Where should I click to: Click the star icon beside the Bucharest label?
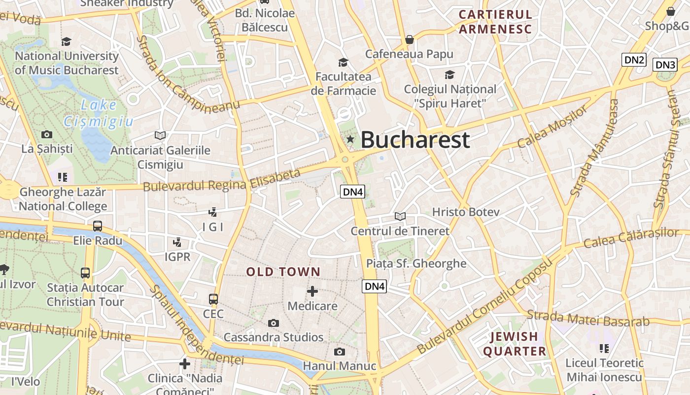tap(350, 140)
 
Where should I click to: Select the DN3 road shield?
tap(665, 65)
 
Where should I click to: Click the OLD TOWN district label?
tap(283, 272)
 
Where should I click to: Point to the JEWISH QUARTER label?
tap(515, 344)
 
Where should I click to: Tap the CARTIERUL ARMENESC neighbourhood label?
tap(495, 22)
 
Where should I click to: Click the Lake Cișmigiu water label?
tap(99, 113)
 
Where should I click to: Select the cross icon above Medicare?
tap(312, 291)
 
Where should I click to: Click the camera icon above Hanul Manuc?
tap(339, 352)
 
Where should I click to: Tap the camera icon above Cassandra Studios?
tap(274, 323)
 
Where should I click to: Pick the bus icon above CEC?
tap(213, 299)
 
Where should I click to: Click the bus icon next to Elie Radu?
tap(98, 226)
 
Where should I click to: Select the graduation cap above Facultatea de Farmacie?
tap(343, 62)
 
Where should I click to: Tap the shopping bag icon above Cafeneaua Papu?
tap(409, 39)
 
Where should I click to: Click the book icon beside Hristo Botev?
tap(400, 216)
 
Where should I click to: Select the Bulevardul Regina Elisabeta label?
tap(222, 180)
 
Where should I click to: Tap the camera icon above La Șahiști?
tap(47, 134)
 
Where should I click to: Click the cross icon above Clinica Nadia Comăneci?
tap(185, 364)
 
